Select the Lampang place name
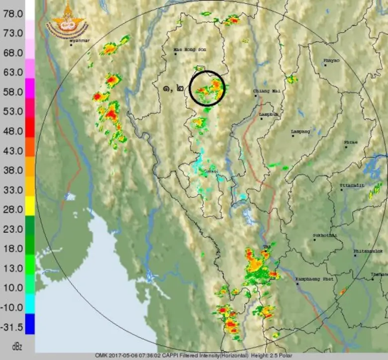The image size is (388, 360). point(300,131)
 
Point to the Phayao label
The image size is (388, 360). point(331,61)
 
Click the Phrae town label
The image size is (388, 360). point(351,142)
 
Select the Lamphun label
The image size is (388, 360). point(269,114)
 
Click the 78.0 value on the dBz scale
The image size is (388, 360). point(12,13)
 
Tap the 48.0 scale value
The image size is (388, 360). point(12,131)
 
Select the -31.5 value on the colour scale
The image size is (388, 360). point(12,327)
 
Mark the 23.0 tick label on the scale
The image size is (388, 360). point(12,229)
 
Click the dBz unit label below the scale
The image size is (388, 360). point(17,345)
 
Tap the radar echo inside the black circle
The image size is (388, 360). point(211,89)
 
